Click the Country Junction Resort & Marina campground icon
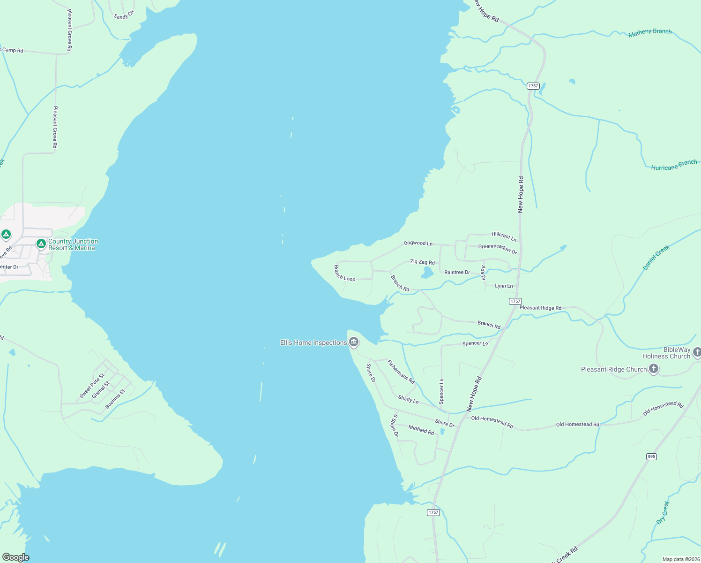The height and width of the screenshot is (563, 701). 41,244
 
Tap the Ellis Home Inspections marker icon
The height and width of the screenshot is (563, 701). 354,342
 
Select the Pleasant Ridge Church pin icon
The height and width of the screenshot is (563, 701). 654,369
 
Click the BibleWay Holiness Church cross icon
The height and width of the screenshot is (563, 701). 697,352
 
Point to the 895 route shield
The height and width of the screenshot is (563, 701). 651,456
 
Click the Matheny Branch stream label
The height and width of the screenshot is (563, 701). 650,32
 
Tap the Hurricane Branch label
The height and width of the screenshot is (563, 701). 674,165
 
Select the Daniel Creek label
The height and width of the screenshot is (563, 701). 656,258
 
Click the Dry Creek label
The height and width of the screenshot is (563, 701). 663,512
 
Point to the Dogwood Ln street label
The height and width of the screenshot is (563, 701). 418,243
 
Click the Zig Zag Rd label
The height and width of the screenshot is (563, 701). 422,262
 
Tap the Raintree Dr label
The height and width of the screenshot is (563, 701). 457,272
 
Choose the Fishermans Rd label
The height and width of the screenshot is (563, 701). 401,371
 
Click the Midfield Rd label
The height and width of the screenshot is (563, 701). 421,429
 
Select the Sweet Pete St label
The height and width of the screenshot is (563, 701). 92,386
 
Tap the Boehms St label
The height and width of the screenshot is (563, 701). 115,399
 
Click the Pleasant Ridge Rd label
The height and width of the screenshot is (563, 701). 540,308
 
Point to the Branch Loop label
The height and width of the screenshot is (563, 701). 344,273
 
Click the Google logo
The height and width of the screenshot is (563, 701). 16,557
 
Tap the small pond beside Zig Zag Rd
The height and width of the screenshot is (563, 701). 427,272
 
